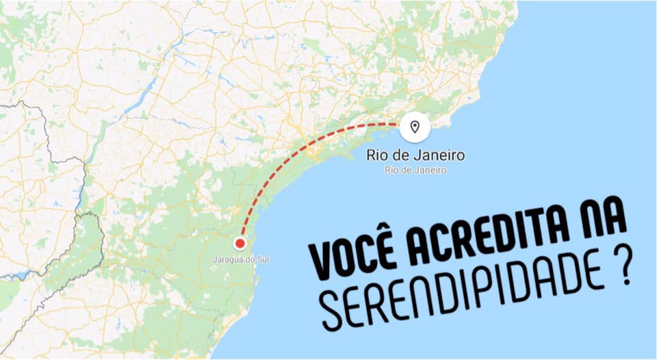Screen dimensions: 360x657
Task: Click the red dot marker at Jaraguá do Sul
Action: click(240, 243)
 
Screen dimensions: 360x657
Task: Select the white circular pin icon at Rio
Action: click(414, 127)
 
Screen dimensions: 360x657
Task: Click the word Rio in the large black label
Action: click(378, 156)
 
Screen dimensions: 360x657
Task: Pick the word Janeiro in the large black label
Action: click(441, 156)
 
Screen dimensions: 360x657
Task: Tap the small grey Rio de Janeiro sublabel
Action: click(415, 170)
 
